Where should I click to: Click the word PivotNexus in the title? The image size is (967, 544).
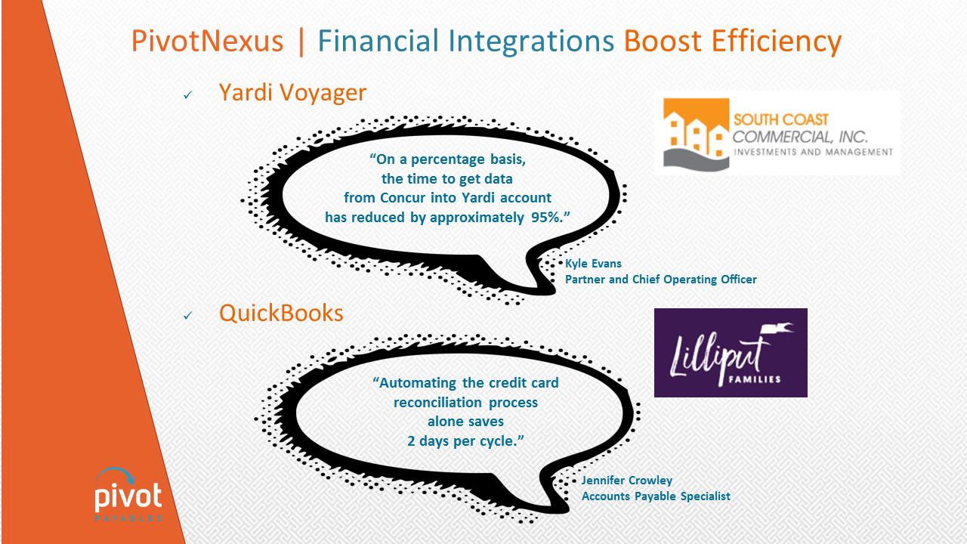[x=207, y=41]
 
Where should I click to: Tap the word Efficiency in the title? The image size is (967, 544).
[x=777, y=42]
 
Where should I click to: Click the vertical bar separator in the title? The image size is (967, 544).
[x=301, y=42]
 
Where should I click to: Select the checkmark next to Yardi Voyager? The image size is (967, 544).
[x=188, y=94]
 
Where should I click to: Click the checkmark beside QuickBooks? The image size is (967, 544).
[x=188, y=316]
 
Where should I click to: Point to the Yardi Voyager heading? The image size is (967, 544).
[x=292, y=93]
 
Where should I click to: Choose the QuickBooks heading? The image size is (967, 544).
[x=281, y=313]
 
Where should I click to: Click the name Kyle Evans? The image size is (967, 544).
[x=593, y=264]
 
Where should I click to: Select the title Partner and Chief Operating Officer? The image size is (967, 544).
[x=661, y=280]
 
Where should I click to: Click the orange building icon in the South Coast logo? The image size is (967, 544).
[x=696, y=134]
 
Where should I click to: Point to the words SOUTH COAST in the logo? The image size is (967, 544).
[x=781, y=119]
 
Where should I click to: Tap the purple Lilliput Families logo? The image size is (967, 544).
[x=731, y=353]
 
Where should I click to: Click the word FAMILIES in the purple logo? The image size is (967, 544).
[x=755, y=379]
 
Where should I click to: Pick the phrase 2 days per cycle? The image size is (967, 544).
[x=465, y=440]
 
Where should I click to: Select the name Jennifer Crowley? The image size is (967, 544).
[x=627, y=480]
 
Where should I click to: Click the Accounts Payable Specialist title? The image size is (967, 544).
[x=656, y=496]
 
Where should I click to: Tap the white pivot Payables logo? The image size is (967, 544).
[x=128, y=495]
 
